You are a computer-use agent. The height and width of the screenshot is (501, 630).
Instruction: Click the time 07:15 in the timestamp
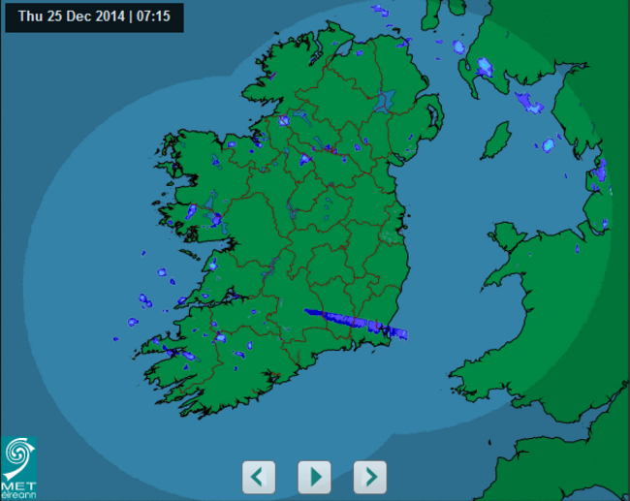[153, 16]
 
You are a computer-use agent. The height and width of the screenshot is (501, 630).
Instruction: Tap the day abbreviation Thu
[30, 16]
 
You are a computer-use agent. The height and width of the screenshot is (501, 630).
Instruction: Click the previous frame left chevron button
[258, 477]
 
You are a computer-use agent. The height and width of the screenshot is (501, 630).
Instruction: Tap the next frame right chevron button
[370, 477]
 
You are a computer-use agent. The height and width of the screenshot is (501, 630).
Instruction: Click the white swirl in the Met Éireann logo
[19, 455]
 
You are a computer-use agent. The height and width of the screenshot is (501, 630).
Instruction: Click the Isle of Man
[496, 141]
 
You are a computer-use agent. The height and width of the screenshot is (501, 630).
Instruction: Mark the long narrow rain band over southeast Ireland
[354, 323]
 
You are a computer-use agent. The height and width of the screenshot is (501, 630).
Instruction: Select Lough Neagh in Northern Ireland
[387, 99]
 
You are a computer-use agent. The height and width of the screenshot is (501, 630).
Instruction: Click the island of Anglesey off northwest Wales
[505, 235]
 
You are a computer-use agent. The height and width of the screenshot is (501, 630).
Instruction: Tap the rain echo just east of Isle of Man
[548, 145]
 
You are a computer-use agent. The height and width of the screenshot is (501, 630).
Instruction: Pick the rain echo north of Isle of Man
[529, 102]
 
